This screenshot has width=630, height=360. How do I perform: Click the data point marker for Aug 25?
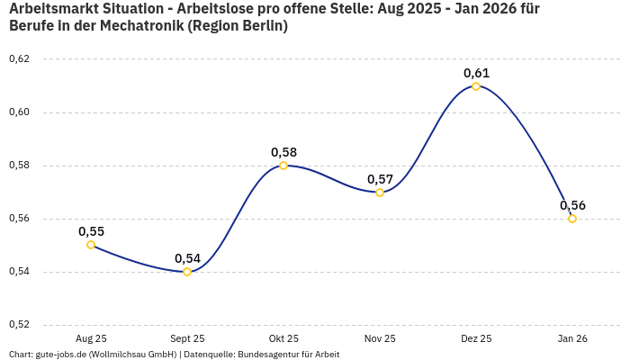click(x=91, y=245)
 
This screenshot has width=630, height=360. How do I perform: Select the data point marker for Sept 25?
click(x=187, y=272)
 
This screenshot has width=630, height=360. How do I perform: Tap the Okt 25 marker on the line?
click(x=283, y=166)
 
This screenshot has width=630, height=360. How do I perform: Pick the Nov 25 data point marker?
click(x=380, y=193)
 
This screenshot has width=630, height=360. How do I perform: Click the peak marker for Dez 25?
click(x=476, y=86)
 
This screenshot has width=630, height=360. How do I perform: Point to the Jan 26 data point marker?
click(x=572, y=219)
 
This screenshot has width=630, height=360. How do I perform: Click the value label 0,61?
click(x=476, y=73)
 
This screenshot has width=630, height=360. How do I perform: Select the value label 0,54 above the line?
click(x=187, y=258)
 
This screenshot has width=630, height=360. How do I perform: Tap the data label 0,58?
click(x=283, y=152)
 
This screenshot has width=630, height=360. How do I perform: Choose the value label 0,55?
click(x=91, y=231)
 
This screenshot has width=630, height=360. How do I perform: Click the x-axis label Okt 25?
click(x=283, y=338)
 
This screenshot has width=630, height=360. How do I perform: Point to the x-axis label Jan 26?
click(x=572, y=338)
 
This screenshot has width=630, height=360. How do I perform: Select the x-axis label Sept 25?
click(x=187, y=338)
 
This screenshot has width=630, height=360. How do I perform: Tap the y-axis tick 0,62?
click(x=19, y=59)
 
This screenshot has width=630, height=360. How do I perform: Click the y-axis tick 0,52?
click(x=19, y=325)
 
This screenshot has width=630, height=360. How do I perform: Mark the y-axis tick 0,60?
click(x=19, y=112)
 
